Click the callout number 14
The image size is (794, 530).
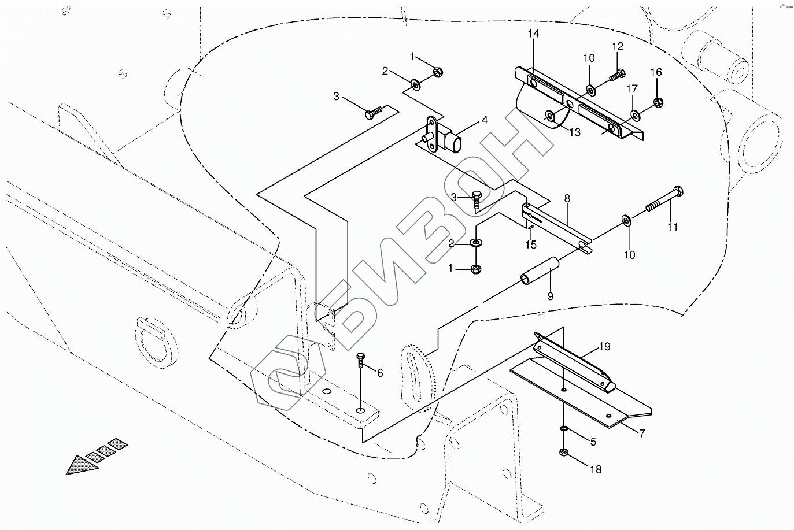point(533,35)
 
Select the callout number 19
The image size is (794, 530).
point(604,347)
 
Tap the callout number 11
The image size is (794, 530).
point(672,227)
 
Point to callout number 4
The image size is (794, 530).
point(485,120)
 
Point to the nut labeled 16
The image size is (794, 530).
point(657,103)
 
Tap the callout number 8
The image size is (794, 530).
point(567,198)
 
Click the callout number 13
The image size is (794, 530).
point(574,132)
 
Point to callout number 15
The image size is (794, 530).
point(531,244)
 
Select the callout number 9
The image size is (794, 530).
point(550,296)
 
